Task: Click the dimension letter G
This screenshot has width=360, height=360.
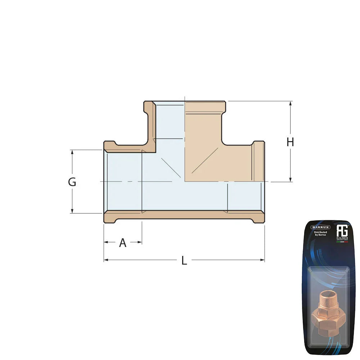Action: (72, 182)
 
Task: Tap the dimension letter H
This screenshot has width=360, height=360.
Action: (290, 142)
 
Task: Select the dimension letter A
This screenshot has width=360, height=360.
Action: (123, 243)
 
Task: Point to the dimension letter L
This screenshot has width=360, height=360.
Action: (184, 261)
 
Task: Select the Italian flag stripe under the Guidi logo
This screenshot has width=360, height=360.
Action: (342, 242)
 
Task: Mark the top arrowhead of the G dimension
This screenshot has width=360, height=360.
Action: (72, 152)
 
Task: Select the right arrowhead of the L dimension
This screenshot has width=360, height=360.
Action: (262, 260)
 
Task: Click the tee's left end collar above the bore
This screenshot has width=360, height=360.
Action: (109, 146)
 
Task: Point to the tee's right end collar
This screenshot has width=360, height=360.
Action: (258, 161)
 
